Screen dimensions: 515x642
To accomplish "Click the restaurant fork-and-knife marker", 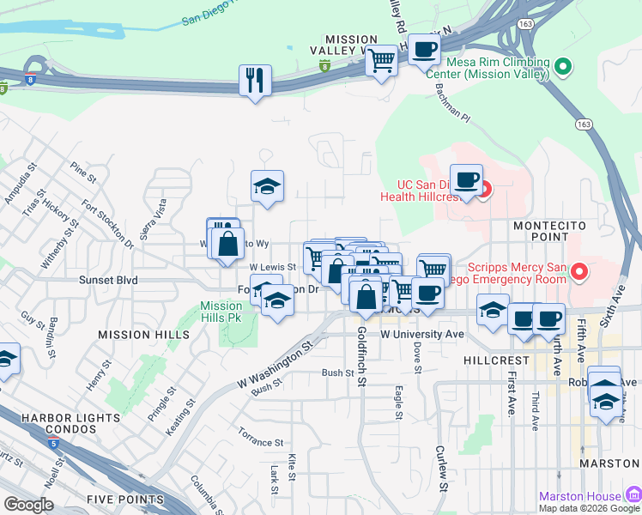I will click(x=255, y=81).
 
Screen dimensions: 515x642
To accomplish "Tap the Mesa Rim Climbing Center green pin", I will click(x=563, y=65).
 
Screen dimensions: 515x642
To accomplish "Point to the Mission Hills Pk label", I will click(x=221, y=311).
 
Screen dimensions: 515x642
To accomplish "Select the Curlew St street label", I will click(x=442, y=468).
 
